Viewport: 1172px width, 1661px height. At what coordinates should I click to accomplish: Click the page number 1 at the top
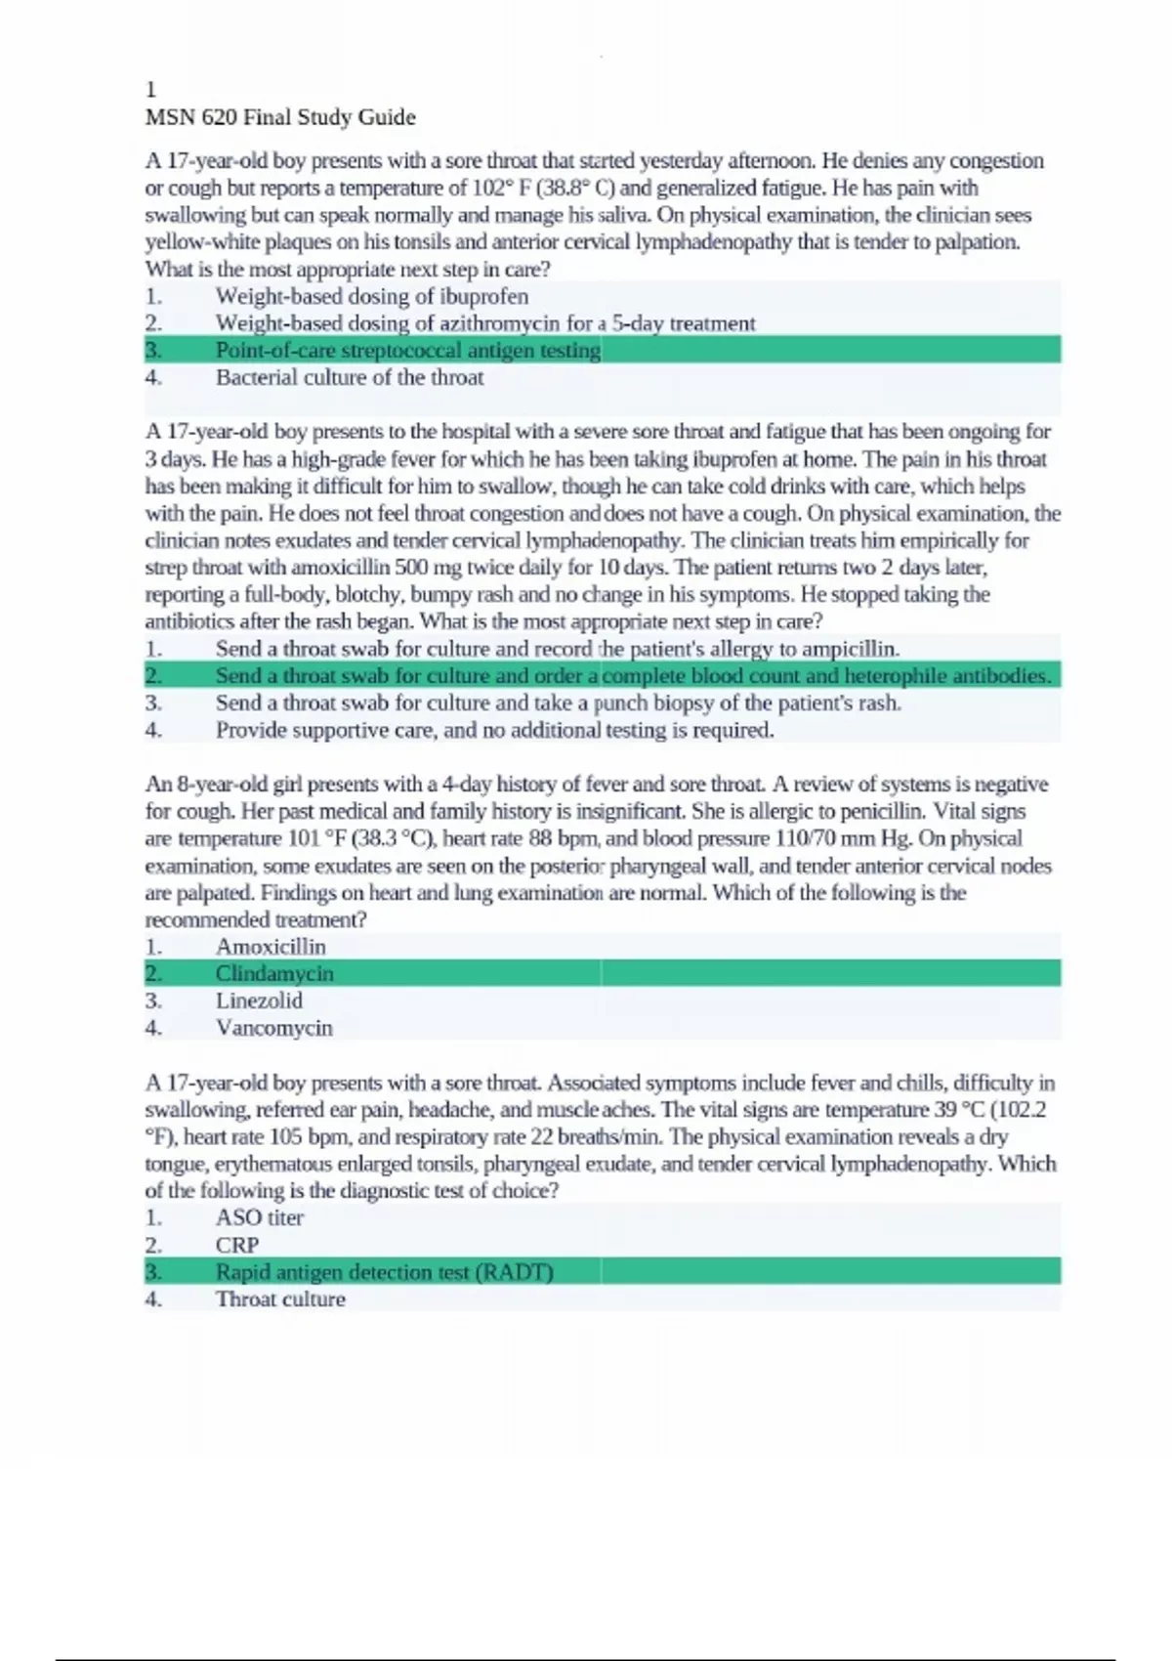(150, 90)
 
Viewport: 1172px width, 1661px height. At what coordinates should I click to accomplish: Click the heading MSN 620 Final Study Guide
(280, 117)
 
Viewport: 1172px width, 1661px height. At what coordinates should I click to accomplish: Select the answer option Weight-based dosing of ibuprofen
(371, 296)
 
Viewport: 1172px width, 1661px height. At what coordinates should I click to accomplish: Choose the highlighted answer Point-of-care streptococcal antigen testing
(407, 350)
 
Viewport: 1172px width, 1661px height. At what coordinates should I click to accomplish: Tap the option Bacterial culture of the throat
(349, 377)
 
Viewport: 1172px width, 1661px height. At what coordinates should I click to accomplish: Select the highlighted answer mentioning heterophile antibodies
(632, 675)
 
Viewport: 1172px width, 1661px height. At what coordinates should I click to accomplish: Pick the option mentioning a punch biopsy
(558, 703)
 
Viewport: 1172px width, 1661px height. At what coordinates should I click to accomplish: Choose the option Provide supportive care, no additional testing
(494, 730)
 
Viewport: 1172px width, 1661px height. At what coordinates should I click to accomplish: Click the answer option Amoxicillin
(271, 947)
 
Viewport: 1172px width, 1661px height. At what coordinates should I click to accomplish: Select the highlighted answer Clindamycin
(274, 973)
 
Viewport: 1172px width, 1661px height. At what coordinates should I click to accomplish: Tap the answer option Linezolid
(259, 1001)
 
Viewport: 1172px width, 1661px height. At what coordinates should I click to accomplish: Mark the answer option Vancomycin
(273, 1028)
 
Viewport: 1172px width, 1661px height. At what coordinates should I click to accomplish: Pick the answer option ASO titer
(259, 1217)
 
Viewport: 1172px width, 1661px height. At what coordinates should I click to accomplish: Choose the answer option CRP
(237, 1245)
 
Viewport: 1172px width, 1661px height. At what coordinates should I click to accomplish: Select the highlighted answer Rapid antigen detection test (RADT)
(384, 1272)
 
